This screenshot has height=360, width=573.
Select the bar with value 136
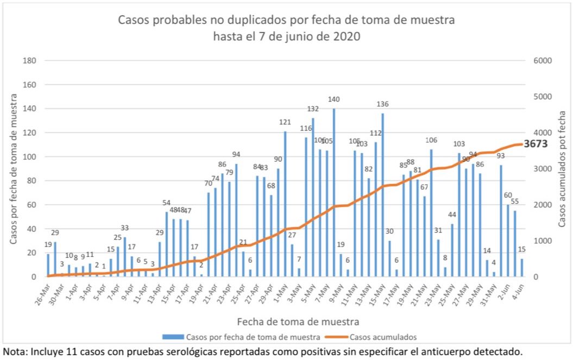(383, 195)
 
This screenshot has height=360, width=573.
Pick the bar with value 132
(313, 198)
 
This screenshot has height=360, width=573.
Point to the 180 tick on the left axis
(29, 60)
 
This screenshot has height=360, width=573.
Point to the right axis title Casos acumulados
(563, 168)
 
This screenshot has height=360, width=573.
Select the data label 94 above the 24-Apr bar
(237, 155)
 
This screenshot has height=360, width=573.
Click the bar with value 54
(167, 244)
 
